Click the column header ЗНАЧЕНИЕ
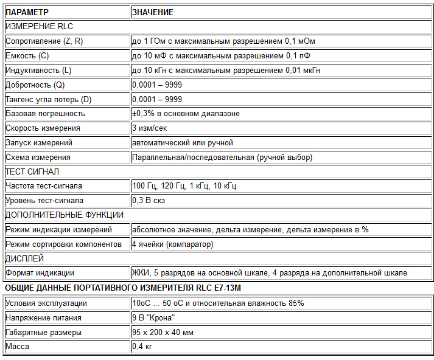pos(153,12)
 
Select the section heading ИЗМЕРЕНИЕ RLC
pos(39,27)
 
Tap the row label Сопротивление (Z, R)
pos(44,41)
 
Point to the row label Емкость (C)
pos(27,56)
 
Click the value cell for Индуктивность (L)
pos(226,71)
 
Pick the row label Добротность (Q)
pos(35,85)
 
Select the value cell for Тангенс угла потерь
pos(157,99)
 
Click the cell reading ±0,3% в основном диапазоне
pos(186,114)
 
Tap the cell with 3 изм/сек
pos(149,128)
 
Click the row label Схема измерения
pos(37,157)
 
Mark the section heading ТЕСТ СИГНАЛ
pos(32,172)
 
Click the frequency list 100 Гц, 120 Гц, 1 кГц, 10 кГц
pos(184,186)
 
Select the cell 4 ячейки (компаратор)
pos(173,244)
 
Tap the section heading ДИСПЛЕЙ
pos(24,259)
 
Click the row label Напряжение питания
pos(43,318)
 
